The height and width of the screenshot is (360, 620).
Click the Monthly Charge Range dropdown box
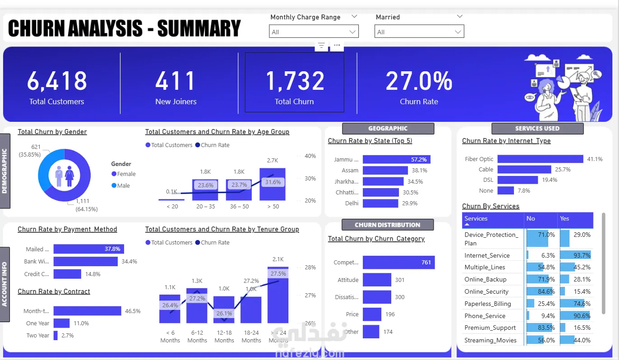pos(314,32)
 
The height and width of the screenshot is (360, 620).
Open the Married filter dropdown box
pos(419,32)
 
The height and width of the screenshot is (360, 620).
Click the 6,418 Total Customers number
pos(57,81)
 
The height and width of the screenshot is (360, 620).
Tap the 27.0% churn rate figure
pos(419,81)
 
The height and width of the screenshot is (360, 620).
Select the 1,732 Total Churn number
pos(295,81)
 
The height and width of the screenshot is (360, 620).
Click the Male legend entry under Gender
pos(123,185)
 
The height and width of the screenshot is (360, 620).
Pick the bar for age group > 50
pos(273,184)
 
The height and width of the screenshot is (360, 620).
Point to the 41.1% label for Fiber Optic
pos(594,159)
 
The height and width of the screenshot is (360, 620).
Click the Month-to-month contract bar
pos(87,311)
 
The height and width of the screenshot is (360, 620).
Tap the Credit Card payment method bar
pos(67,274)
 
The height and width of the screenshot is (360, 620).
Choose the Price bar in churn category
pos(372,314)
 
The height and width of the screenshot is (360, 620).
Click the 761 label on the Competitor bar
pos(426,262)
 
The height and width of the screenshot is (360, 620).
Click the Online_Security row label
pos(486,291)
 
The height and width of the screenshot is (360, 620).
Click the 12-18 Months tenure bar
pos(224,309)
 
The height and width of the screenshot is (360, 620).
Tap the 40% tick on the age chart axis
pos(310,156)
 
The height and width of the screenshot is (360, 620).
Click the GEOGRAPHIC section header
pos(388,129)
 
